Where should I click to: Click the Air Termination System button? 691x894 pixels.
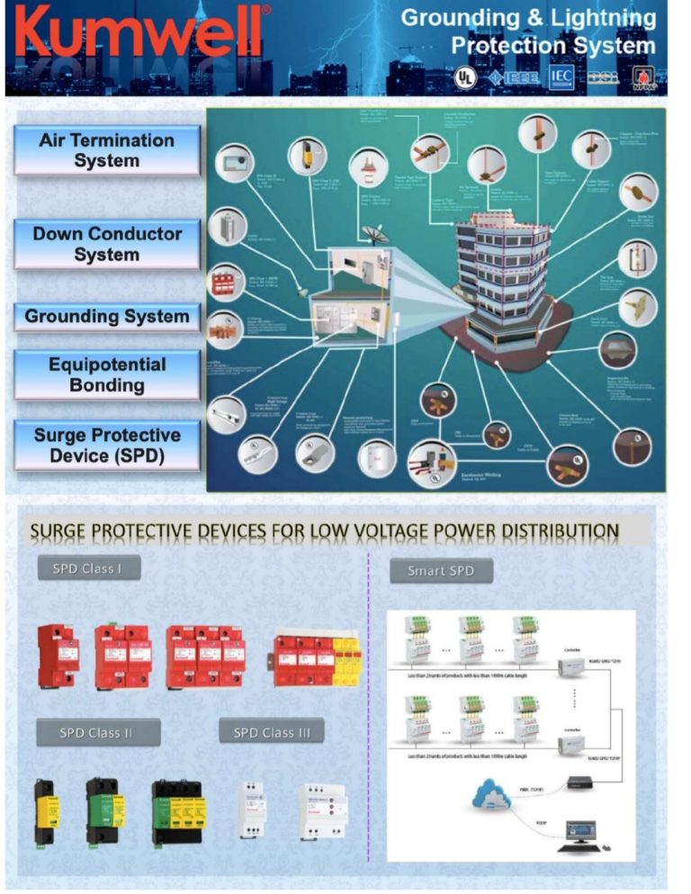pyautogui.click(x=107, y=150)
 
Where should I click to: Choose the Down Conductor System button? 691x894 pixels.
pyautogui.click(x=107, y=244)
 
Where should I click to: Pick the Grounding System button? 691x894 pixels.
pyautogui.click(x=107, y=316)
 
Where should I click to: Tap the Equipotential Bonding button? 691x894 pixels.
pyautogui.click(x=107, y=375)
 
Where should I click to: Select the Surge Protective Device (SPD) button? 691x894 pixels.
pyautogui.click(x=107, y=446)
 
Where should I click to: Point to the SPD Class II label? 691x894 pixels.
pyautogui.click(x=97, y=732)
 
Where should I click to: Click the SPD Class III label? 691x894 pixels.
pyautogui.click(x=272, y=732)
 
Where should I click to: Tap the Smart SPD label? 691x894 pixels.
pyautogui.click(x=440, y=571)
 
